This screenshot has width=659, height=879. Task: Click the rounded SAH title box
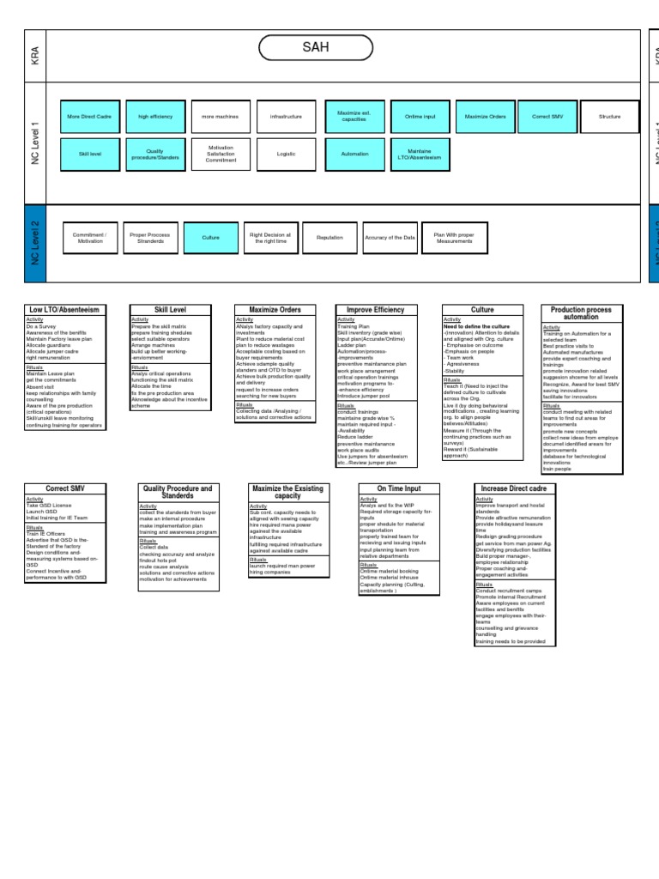coord(316,48)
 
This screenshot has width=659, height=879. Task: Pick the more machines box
coord(221,116)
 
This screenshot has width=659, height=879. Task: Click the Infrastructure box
coord(287,116)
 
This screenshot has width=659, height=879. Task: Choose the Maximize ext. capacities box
coord(354,116)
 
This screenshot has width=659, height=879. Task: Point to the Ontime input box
coord(419,116)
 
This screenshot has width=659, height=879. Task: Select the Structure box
coord(609,116)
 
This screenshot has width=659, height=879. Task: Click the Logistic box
coord(287,154)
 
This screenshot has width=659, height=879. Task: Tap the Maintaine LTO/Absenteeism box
coord(419,154)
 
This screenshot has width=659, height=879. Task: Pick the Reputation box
coord(329,238)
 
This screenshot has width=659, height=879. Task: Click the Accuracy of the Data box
coord(390,238)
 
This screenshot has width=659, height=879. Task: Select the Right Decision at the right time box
coord(269,238)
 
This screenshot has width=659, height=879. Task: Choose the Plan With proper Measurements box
coord(454,238)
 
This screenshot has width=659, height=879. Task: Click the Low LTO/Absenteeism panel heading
coord(64,310)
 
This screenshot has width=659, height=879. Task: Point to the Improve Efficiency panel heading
coord(376,310)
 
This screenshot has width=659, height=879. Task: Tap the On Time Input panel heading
coord(398,488)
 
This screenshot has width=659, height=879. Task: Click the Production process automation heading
coord(581,313)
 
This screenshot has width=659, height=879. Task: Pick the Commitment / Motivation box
coord(89,238)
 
